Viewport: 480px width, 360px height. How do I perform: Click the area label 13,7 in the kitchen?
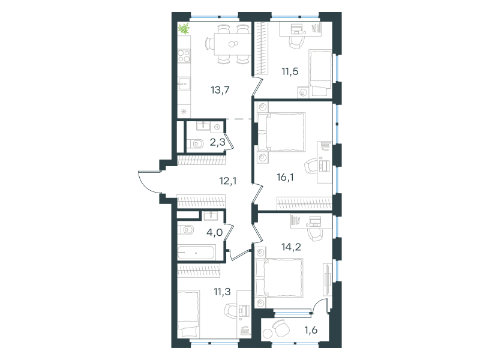220,91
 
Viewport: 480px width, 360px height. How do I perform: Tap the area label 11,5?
290,71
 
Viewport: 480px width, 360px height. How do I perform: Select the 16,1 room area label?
285,177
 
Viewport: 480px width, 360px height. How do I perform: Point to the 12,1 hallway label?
228,181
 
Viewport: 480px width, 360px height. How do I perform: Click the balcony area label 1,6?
311,331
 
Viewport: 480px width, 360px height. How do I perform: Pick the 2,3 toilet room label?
217,142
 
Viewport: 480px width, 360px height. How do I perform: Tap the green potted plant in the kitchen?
184,29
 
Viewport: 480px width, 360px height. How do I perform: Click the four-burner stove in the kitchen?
184,56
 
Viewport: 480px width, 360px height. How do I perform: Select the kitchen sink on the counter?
184,83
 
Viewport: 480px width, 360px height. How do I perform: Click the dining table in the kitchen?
233,44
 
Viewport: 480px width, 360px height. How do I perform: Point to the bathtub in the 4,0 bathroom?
197,253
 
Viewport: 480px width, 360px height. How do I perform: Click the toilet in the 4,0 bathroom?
185,230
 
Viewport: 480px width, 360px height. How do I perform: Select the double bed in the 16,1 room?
281,132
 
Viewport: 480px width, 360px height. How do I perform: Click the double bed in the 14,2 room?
279,278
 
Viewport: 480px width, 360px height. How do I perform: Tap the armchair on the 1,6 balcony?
281,328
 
